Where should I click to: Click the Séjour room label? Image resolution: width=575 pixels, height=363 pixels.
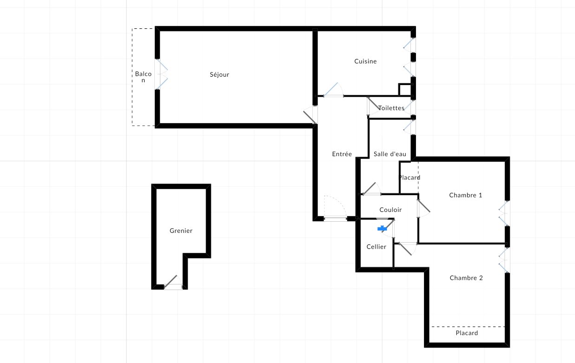pos(219,74)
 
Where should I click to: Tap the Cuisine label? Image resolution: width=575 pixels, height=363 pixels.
pos(365,61)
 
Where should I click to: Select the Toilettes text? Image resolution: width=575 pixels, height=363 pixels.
pos(391,108)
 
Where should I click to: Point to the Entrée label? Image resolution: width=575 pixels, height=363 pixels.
pos(342,154)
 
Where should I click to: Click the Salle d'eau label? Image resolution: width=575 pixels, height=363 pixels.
pos(390,154)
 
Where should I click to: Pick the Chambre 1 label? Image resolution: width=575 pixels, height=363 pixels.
pos(465,195)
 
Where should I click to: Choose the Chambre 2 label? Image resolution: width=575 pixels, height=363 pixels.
pos(466,278)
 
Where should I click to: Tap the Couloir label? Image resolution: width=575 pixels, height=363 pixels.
pos(390,210)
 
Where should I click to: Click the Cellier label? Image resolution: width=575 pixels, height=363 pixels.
pos(376,247)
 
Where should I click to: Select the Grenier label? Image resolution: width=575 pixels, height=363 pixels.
pos(181,231)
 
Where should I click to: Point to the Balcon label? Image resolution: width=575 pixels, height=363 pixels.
pos(143,77)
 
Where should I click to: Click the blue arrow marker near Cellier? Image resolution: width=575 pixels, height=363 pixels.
pos(382,228)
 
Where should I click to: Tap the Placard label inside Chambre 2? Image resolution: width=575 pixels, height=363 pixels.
pos(467,333)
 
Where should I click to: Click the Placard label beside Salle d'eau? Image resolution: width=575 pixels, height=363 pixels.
pos(409,178)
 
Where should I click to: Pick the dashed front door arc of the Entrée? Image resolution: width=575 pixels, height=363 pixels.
pos(336,207)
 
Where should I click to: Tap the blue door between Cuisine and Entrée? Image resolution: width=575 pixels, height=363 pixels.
pos(333,90)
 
